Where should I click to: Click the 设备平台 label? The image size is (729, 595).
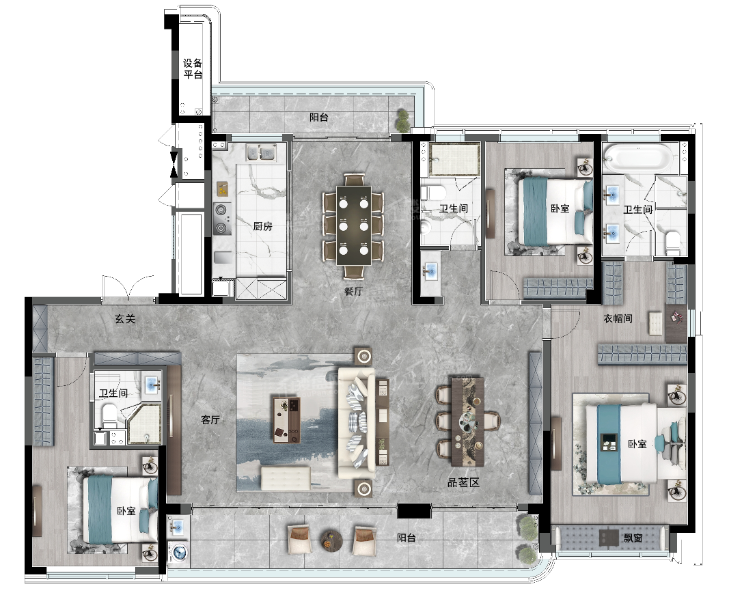(x=193, y=69)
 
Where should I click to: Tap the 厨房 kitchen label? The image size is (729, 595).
(x=262, y=226)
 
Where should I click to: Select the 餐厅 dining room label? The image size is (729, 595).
(x=353, y=292)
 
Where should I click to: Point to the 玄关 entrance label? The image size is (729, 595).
(x=125, y=319)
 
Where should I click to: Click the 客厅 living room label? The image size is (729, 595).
(x=210, y=419)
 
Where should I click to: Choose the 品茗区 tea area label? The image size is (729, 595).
(x=463, y=482)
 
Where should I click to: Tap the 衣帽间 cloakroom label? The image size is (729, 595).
(x=618, y=318)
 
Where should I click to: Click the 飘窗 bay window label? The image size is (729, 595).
(x=633, y=538)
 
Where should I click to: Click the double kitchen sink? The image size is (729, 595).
(x=260, y=152)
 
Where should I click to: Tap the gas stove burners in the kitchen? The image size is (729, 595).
(x=221, y=219)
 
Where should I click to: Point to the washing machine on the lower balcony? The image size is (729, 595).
(x=179, y=552)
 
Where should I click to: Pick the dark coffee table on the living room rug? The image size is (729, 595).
(x=286, y=419)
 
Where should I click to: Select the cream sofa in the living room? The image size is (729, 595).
(x=357, y=423)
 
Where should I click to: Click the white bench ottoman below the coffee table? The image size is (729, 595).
(x=286, y=479)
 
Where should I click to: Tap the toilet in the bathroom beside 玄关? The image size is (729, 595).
(x=109, y=416)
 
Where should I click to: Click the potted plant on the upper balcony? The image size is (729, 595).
(x=402, y=122)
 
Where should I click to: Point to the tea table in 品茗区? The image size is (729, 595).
(x=467, y=421)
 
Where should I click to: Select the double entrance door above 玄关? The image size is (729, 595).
(x=128, y=288)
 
